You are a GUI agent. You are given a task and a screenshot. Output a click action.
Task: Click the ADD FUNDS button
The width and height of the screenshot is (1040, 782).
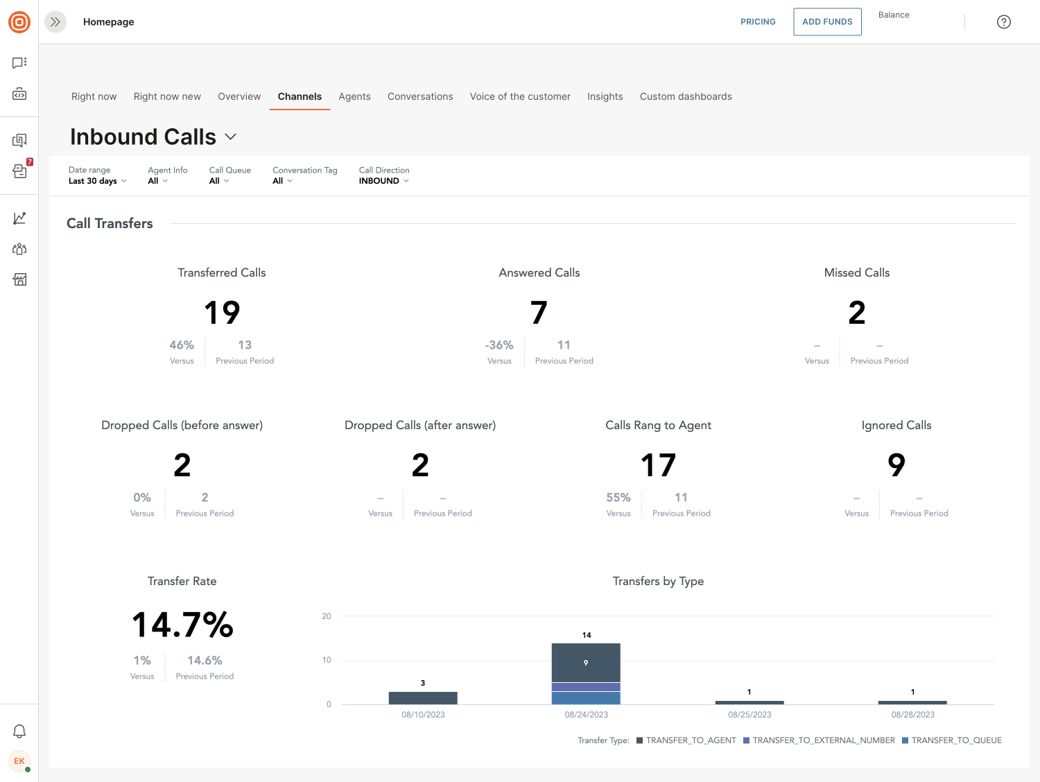(x=827, y=21)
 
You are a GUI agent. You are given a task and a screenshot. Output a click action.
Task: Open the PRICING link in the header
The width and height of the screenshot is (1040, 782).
(x=758, y=21)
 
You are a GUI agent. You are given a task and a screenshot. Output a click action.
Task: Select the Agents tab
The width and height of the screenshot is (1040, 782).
(x=354, y=96)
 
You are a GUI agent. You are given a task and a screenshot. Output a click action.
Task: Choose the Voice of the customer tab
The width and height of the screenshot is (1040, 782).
(x=520, y=96)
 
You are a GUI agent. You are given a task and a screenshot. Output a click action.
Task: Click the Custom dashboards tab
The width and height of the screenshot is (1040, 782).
(x=686, y=96)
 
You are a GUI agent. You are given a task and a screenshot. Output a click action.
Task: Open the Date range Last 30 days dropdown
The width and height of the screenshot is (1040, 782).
(x=97, y=181)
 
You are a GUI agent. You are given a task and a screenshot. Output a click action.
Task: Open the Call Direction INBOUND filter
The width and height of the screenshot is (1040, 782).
(x=383, y=181)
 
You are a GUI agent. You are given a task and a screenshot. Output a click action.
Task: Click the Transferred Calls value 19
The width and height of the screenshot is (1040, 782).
(x=222, y=313)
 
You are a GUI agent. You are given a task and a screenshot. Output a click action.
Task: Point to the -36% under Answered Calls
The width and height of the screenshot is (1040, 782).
(x=499, y=345)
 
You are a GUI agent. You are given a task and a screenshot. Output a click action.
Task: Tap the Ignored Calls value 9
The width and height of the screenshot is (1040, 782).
(x=896, y=465)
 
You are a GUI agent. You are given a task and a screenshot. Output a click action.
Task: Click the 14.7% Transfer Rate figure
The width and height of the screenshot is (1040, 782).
(x=182, y=625)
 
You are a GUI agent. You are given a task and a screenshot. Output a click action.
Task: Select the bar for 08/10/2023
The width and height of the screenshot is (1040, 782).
(x=423, y=697)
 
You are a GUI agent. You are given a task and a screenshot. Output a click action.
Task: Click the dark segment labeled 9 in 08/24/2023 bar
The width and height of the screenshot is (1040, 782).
(x=586, y=663)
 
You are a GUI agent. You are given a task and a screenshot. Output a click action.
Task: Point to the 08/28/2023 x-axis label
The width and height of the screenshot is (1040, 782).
(x=912, y=715)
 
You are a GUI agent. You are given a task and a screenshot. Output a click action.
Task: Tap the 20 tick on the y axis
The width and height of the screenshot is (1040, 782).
(x=327, y=616)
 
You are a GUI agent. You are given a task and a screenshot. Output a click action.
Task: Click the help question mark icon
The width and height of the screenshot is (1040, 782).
(x=1003, y=22)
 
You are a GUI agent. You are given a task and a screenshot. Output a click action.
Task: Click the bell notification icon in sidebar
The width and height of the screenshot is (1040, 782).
(x=19, y=731)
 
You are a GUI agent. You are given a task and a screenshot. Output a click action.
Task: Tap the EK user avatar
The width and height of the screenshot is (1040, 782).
(x=19, y=761)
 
